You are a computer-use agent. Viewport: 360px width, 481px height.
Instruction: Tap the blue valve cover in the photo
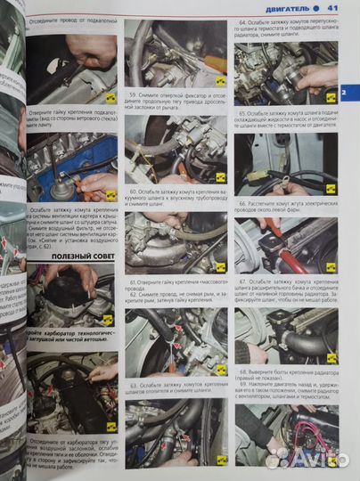click(58, 166)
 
